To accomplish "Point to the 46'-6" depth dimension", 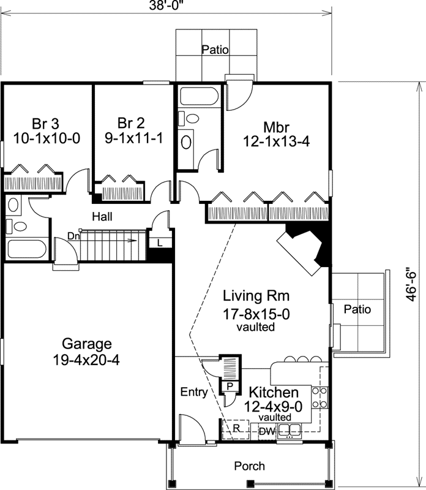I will pos(414,286).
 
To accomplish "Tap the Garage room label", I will pos(86,351).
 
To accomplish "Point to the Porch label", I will pos(250,466).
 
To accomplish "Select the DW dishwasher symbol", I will pos(266,431).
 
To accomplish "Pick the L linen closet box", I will pos(159,243).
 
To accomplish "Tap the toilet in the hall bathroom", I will pos(20,227).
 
